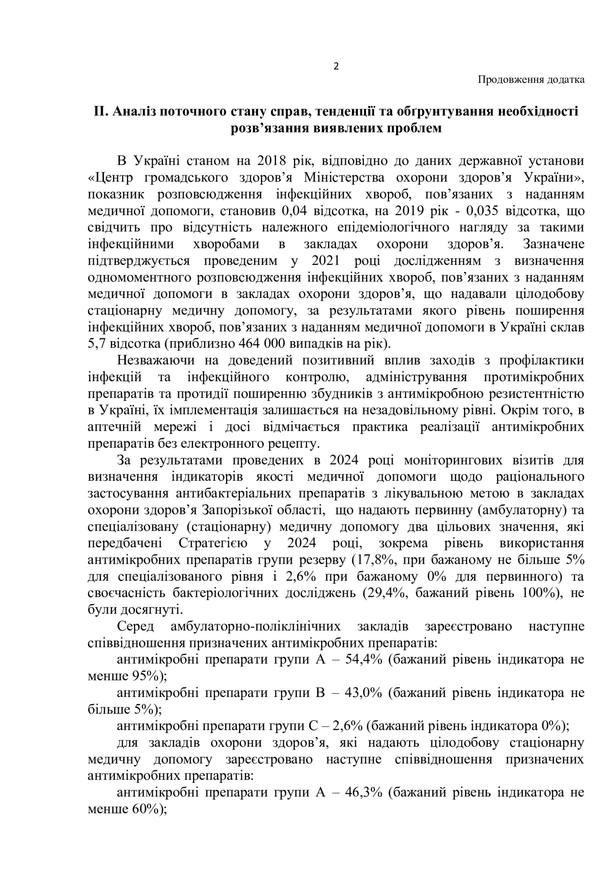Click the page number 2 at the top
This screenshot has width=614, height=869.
(336, 67)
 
